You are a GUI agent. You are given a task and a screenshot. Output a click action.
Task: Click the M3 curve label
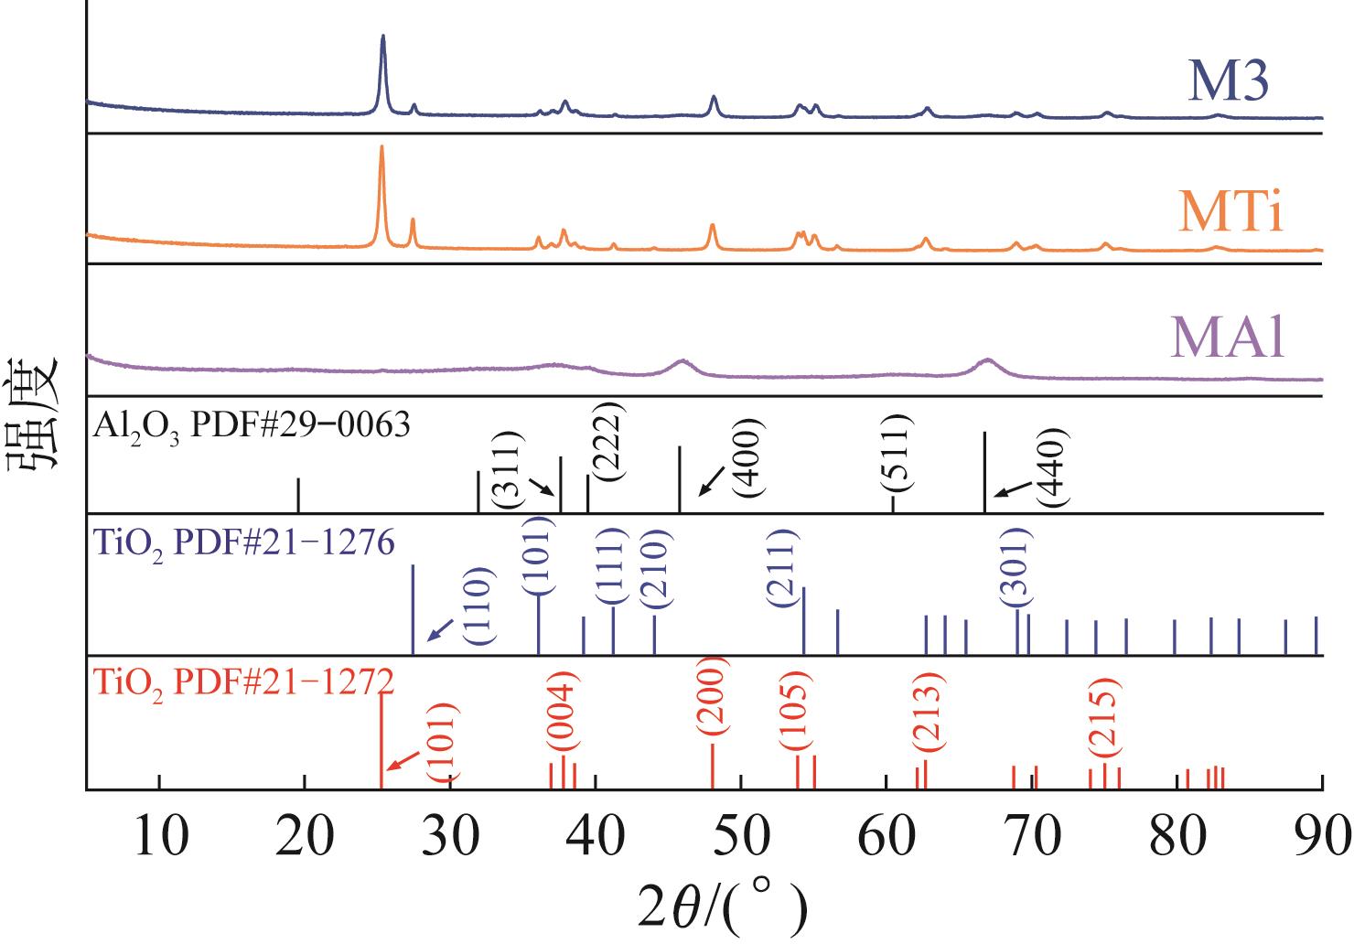click(1229, 81)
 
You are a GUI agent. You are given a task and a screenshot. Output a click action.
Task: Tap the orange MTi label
click(1231, 213)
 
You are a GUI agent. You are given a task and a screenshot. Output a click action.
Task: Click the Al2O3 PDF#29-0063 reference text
click(251, 425)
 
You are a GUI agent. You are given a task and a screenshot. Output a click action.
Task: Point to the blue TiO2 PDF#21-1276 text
click(243, 544)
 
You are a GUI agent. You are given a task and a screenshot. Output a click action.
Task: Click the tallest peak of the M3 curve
click(382, 38)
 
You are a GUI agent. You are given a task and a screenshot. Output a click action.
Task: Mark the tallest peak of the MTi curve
click(381, 147)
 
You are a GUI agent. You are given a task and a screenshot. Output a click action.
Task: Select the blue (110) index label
click(479, 606)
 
